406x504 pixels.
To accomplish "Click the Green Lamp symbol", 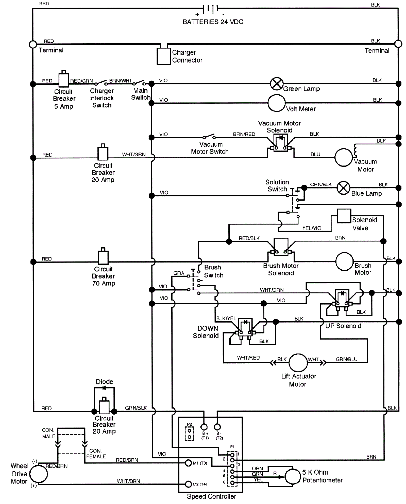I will tap(277, 84).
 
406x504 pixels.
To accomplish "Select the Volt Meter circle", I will tap(277, 103).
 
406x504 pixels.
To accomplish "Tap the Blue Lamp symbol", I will tap(343, 188).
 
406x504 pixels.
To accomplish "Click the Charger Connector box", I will tap(164, 56).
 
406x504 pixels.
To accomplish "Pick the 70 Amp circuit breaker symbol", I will tap(103, 257).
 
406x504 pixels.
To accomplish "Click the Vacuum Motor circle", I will tap(344, 157).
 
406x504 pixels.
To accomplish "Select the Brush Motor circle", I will tap(344, 262).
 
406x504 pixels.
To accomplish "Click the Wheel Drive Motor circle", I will tap(39, 474).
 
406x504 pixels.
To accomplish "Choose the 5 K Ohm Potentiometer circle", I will tap(293, 477).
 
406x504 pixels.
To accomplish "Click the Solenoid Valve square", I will tap(344, 216).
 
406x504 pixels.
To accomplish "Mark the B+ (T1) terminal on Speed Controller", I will tap(204, 427).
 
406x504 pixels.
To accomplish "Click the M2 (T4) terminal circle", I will tap(188, 484).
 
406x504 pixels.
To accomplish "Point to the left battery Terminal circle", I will tap(33, 44).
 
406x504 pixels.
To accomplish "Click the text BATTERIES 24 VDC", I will tap(213, 22).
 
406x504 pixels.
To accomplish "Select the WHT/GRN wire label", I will tap(134, 155).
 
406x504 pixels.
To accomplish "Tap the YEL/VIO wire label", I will tap(312, 228).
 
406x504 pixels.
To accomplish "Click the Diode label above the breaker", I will tap(104, 382).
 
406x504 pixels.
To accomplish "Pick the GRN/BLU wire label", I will tap(347, 359).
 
